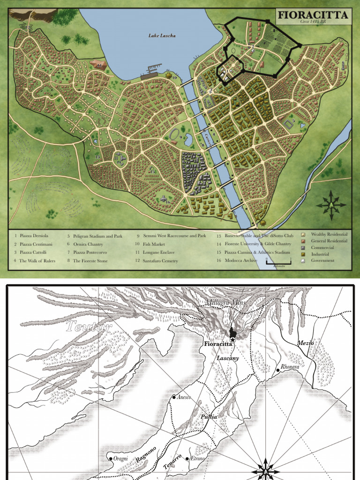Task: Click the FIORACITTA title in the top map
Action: [313, 15]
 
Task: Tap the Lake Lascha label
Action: [162, 36]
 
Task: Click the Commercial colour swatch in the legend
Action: [303, 247]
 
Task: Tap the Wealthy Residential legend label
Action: [329, 234]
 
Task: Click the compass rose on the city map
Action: [331, 205]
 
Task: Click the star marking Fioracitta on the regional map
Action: [232, 338]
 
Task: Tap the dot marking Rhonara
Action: [278, 370]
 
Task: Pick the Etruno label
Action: [197, 458]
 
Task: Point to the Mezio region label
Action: [305, 343]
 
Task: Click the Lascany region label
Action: [228, 358]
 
